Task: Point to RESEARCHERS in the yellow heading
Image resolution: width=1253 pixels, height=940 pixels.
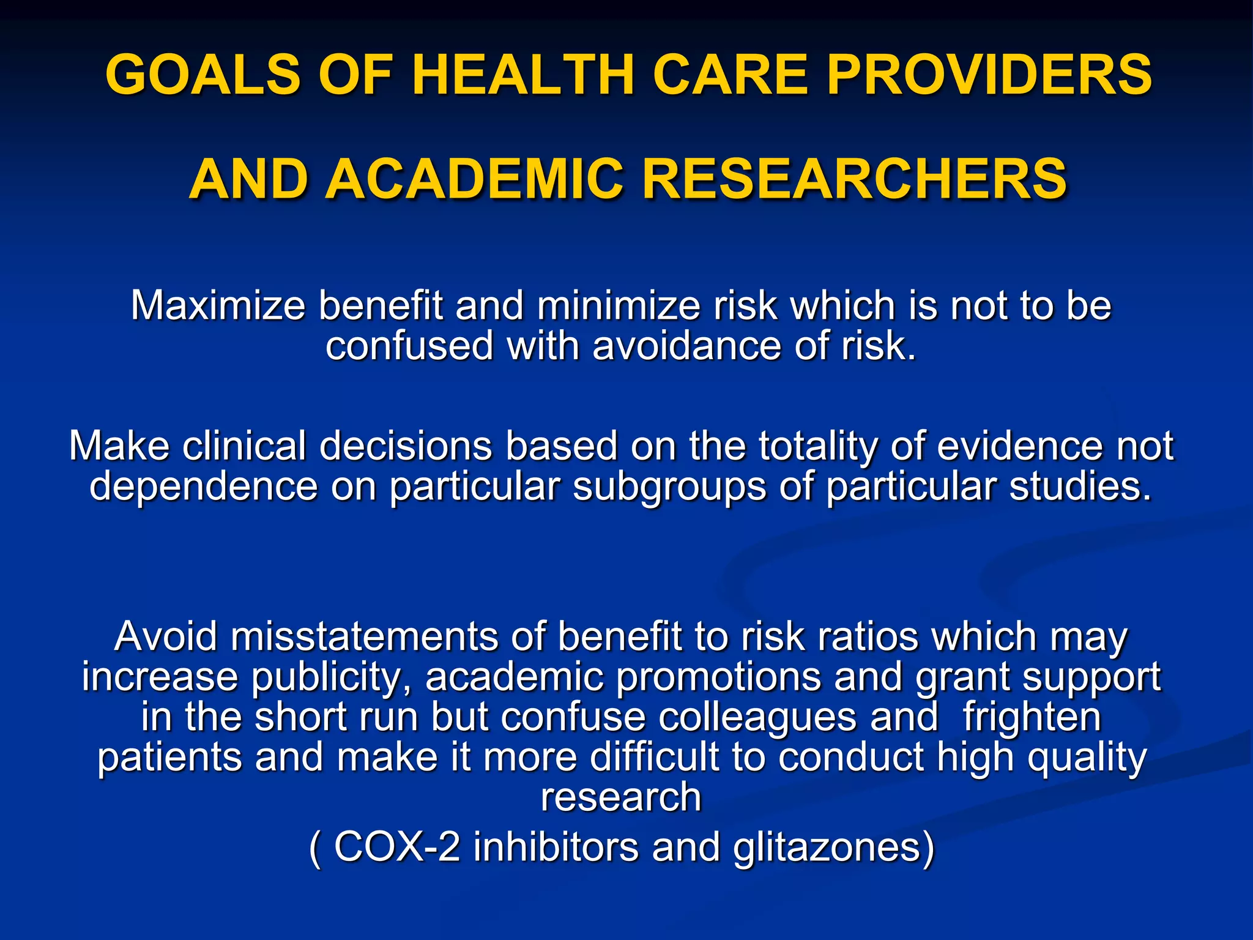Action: (854, 179)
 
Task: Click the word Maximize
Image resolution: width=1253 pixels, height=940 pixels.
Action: (218, 305)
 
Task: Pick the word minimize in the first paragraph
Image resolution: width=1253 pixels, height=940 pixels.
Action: (619, 305)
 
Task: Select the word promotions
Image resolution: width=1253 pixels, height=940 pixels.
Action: (718, 677)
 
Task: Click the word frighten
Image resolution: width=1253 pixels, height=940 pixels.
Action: (1032, 717)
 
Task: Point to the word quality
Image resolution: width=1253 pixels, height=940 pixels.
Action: (1087, 758)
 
